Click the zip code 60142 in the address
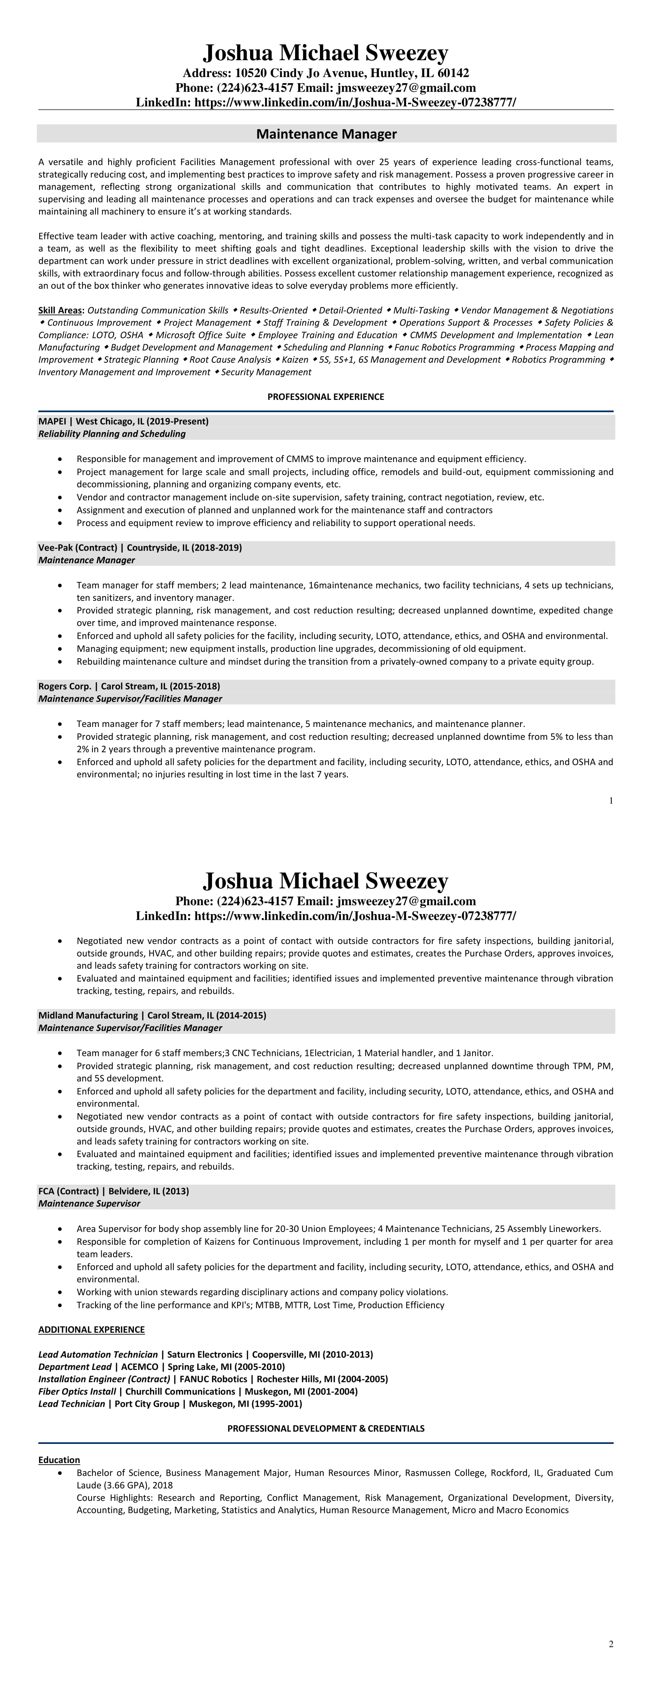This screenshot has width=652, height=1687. point(452,73)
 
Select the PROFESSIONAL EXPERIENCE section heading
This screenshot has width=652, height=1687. point(326,397)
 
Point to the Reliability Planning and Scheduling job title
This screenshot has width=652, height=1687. point(112,434)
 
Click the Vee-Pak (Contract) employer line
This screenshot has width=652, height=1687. point(140,548)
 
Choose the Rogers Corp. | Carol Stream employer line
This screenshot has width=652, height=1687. point(129,686)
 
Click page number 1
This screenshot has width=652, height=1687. point(611,800)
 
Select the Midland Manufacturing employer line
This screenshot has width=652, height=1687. point(152,1016)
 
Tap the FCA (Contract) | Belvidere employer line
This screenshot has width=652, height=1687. point(114,1191)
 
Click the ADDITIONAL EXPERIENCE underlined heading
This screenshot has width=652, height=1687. point(91,1329)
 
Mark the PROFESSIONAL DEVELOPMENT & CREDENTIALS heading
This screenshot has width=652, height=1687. point(326,1428)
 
